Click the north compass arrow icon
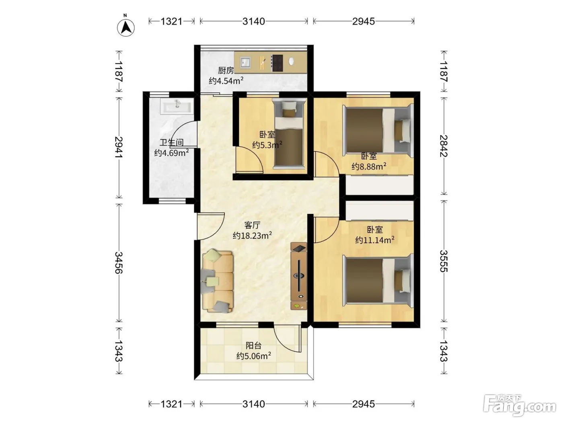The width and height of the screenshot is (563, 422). pos(126,27)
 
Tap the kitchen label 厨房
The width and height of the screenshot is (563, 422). pos(226,70)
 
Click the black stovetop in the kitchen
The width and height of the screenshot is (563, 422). pos(277,63)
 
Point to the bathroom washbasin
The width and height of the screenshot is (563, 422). pos(177,106)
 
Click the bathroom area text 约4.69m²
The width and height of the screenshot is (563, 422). pos(171,153)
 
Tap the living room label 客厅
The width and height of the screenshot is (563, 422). pos(252,225)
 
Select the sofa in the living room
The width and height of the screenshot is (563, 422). pos(218,281)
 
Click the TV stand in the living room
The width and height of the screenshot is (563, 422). pos(299,276)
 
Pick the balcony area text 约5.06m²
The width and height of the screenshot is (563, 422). pos(254,356)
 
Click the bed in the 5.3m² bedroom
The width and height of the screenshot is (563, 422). pos(289,134)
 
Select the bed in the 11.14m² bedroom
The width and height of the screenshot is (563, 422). pos(378,281)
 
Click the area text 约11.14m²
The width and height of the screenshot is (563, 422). pos(375,240)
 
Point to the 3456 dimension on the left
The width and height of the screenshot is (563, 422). pos(119,262)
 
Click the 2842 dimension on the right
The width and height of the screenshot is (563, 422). pos(444,146)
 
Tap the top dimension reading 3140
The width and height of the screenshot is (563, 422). pos(254,21)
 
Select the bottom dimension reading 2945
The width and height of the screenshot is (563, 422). pos(364,404)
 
